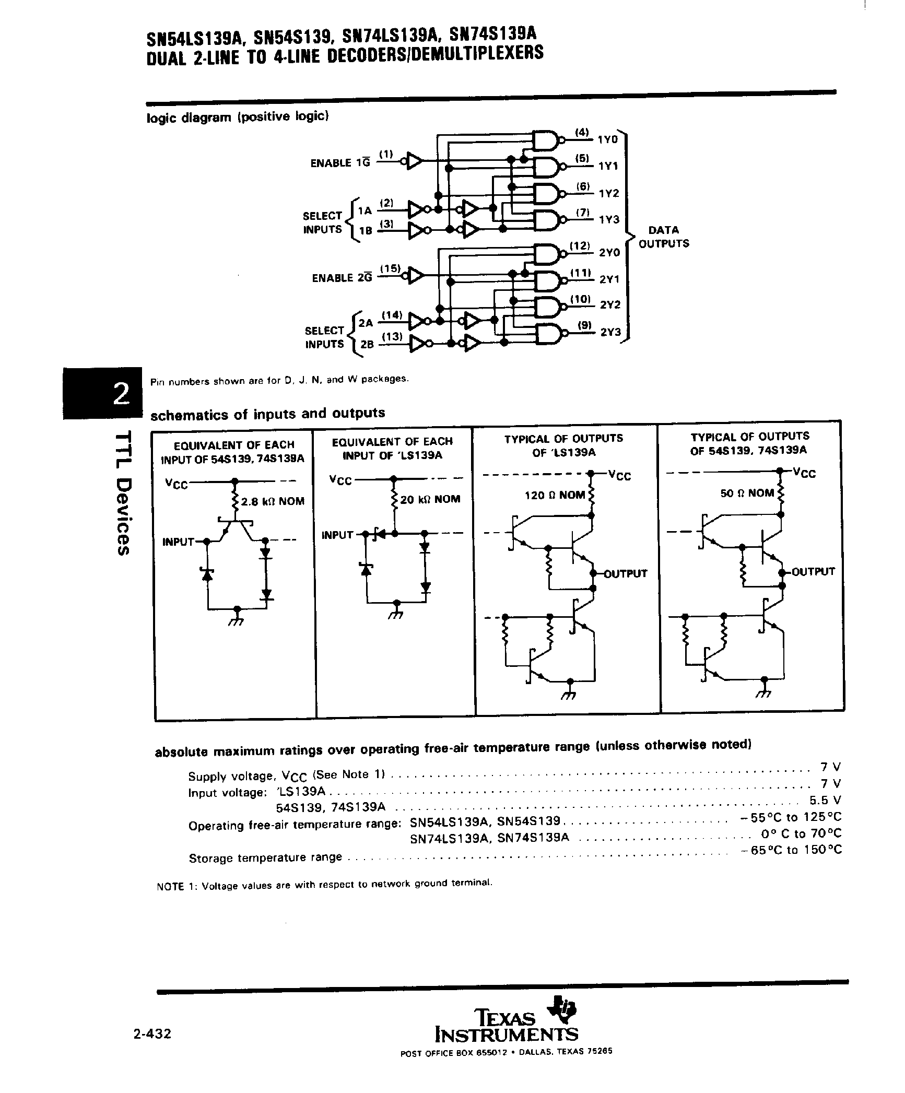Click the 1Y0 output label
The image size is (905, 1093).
click(608, 139)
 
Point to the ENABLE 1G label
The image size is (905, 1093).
click(340, 163)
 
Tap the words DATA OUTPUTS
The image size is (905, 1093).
click(664, 237)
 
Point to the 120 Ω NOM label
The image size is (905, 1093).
click(555, 495)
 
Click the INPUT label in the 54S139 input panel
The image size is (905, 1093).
click(178, 542)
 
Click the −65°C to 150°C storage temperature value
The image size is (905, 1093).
click(791, 850)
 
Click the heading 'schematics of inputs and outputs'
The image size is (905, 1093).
click(267, 414)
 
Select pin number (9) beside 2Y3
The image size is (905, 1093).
click(585, 325)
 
